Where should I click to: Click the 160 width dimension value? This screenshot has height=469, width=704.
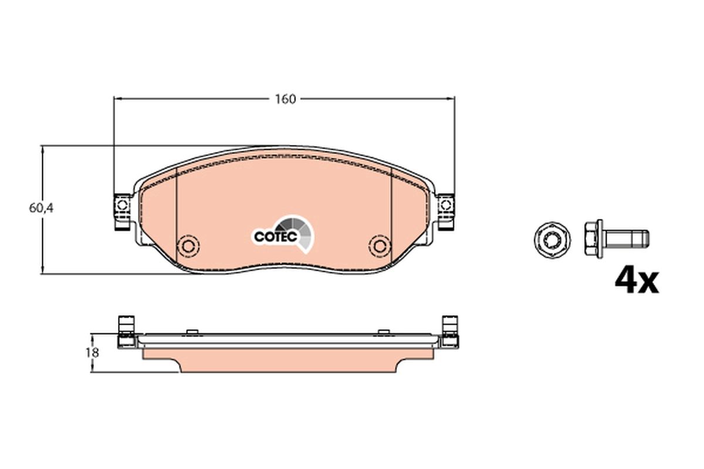pos(285,98)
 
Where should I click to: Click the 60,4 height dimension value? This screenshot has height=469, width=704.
pos(41,208)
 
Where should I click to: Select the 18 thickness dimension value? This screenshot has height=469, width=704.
pos(92,353)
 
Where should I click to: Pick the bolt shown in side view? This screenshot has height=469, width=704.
pos(616,239)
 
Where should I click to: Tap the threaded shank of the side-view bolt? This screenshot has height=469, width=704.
pos(631,239)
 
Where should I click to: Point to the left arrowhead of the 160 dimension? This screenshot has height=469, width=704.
pos(116,98)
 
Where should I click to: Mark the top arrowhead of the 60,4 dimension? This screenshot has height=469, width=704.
pos(42,149)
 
